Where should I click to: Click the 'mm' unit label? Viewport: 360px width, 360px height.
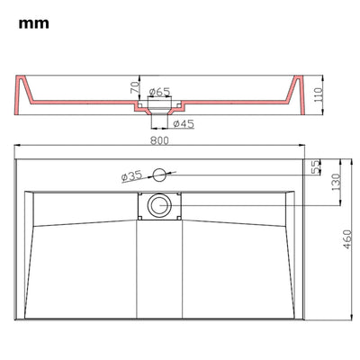[33, 23]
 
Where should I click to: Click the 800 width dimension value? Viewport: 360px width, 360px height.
[159, 140]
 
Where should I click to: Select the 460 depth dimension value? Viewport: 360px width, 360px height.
[347, 239]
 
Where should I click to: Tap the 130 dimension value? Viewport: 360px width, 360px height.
[337, 182]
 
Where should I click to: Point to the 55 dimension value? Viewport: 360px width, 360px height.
[316, 166]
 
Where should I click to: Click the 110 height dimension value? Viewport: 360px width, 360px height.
[318, 94]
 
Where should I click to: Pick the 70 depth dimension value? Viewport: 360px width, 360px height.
[135, 88]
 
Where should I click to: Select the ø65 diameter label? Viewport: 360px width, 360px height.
[159, 92]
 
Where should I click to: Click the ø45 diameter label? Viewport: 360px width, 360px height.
[184, 123]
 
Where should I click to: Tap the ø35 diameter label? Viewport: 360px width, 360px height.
[131, 176]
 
